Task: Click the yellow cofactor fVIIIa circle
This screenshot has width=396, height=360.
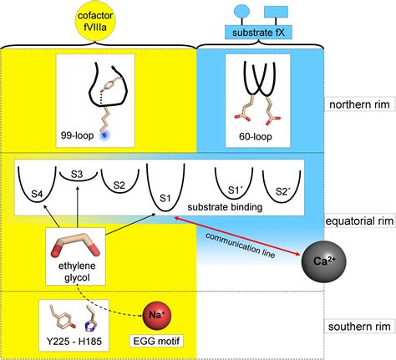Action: coord(100,20)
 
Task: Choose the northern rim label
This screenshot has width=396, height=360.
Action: coord(356,105)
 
